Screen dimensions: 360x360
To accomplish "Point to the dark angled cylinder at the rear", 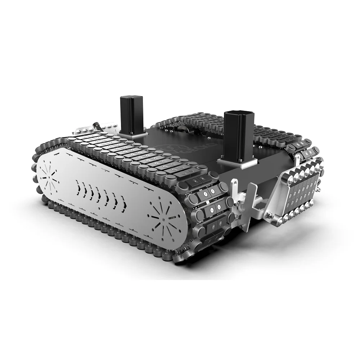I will pos(97,127).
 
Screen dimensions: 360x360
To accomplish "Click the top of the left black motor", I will pos(131,98).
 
